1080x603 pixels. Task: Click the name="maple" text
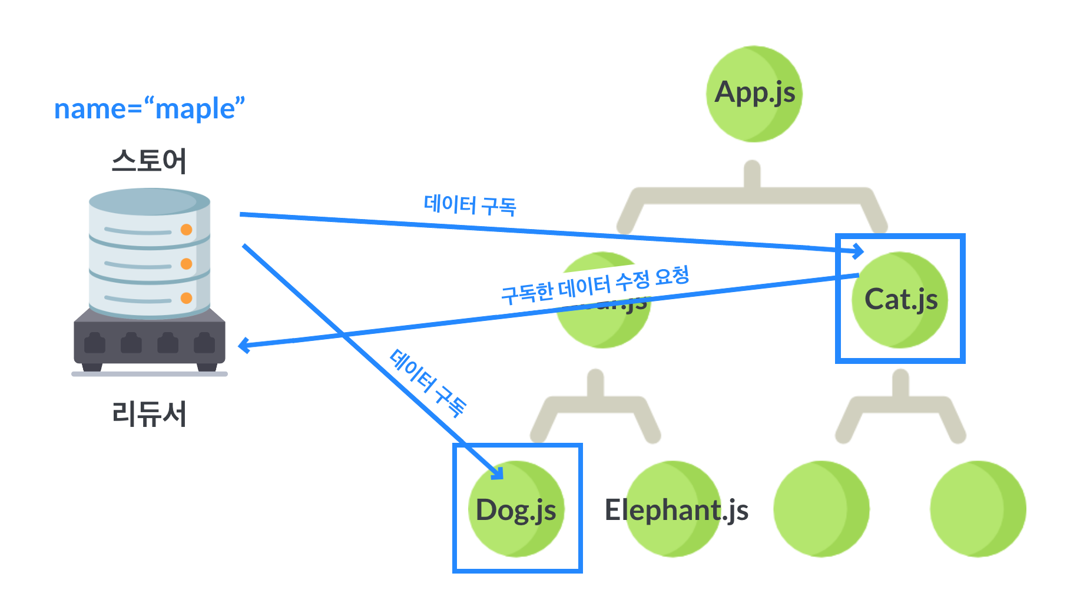click(x=150, y=109)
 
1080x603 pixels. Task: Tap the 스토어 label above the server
click(x=150, y=161)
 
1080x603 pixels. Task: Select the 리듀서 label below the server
click(x=150, y=413)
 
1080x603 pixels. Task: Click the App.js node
click(x=754, y=94)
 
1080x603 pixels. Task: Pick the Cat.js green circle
click(x=900, y=300)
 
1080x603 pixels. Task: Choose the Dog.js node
click(x=516, y=509)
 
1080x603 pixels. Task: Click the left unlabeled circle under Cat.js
click(x=821, y=509)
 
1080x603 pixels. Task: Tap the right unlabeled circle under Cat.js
click(x=978, y=509)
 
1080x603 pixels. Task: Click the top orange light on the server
click(x=186, y=230)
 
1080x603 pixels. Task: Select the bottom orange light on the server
click(x=186, y=298)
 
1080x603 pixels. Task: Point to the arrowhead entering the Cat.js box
click(x=859, y=252)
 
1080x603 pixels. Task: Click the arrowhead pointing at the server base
click(x=244, y=346)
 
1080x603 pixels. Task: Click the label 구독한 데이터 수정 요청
click(x=595, y=284)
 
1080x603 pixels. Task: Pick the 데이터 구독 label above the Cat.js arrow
click(x=470, y=205)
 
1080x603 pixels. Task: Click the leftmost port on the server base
click(x=95, y=343)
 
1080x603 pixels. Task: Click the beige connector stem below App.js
click(x=752, y=175)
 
